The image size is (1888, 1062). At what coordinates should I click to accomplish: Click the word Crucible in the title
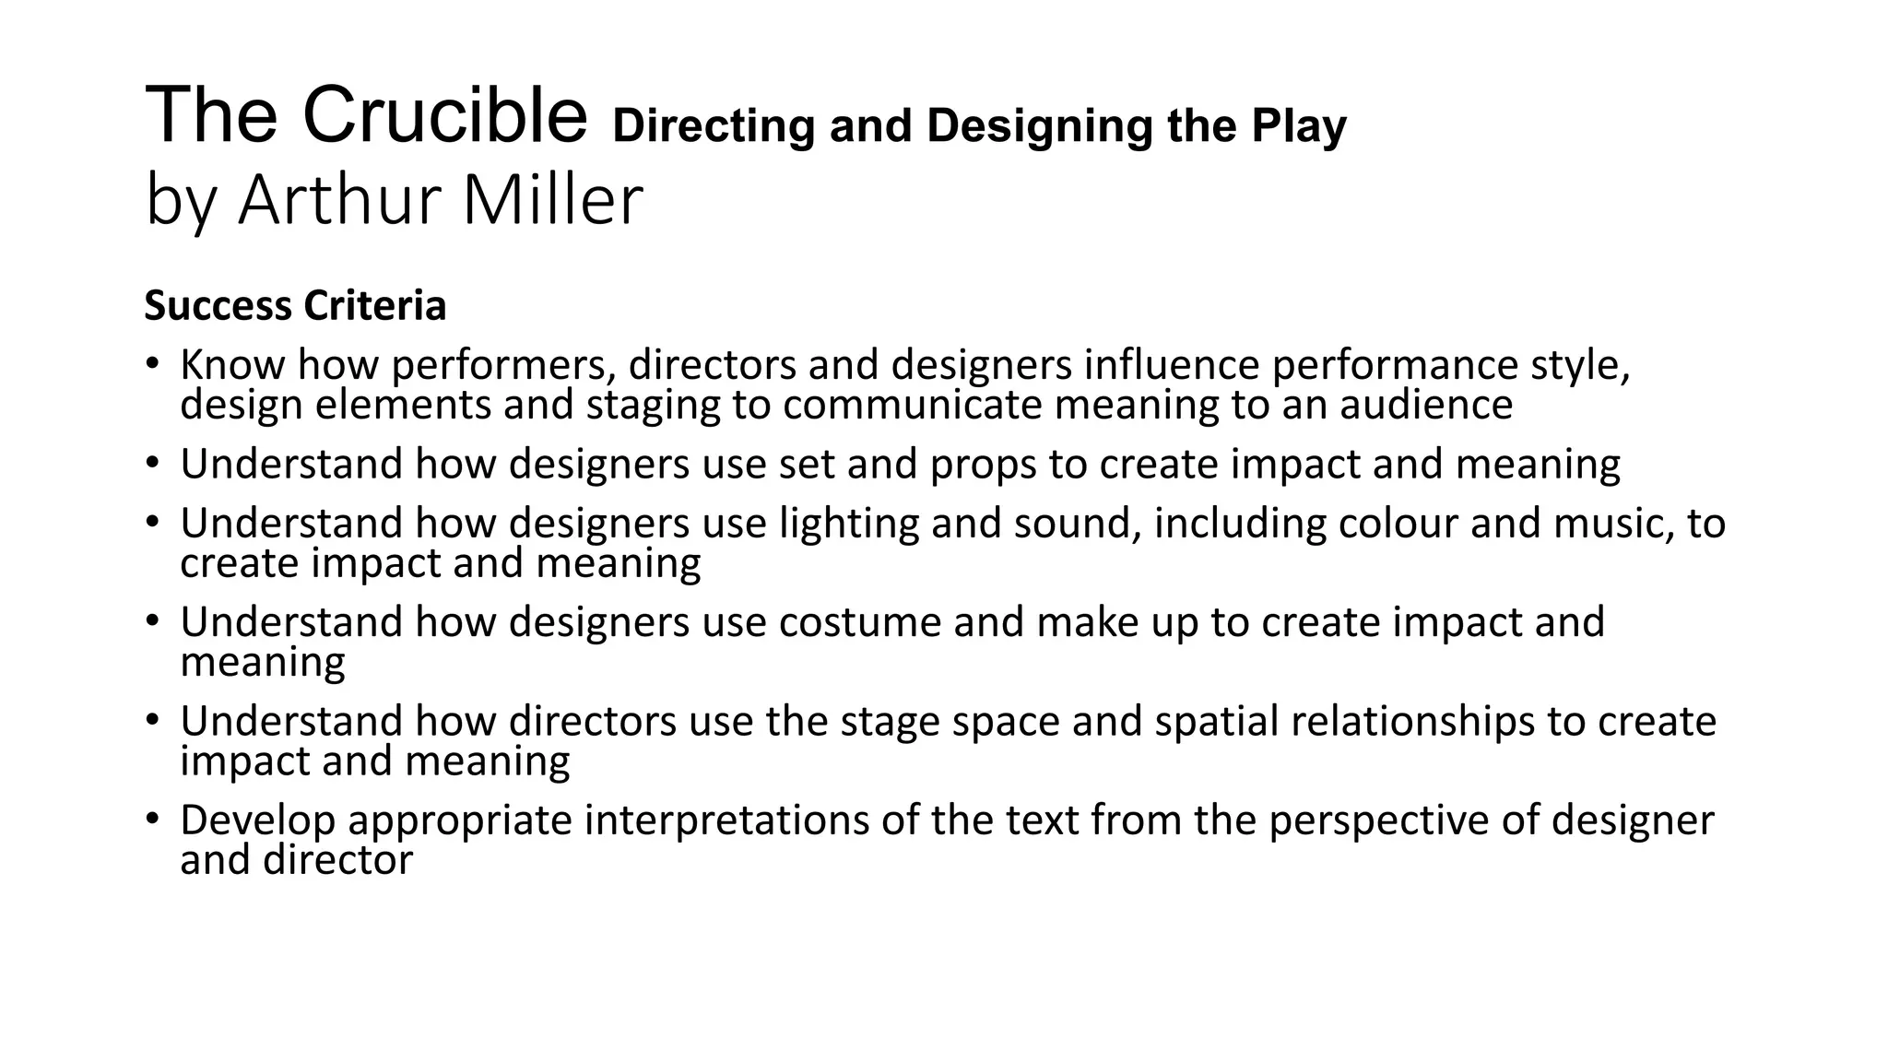click(x=444, y=116)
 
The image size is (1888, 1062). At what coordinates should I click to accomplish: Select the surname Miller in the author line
click(x=551, y=200)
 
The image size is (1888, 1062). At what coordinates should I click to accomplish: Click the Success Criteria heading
click(x=295, y=306)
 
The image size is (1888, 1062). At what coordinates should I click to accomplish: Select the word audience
click(x=1426, y=406)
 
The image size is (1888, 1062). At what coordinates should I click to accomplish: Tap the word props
click(x=983, y=465)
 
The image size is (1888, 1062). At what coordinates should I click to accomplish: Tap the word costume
click(x=860, y=622)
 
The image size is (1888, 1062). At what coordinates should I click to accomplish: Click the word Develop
click(x=257, y=820)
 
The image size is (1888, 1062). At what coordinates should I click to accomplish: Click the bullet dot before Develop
click(x=153, y=818)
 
